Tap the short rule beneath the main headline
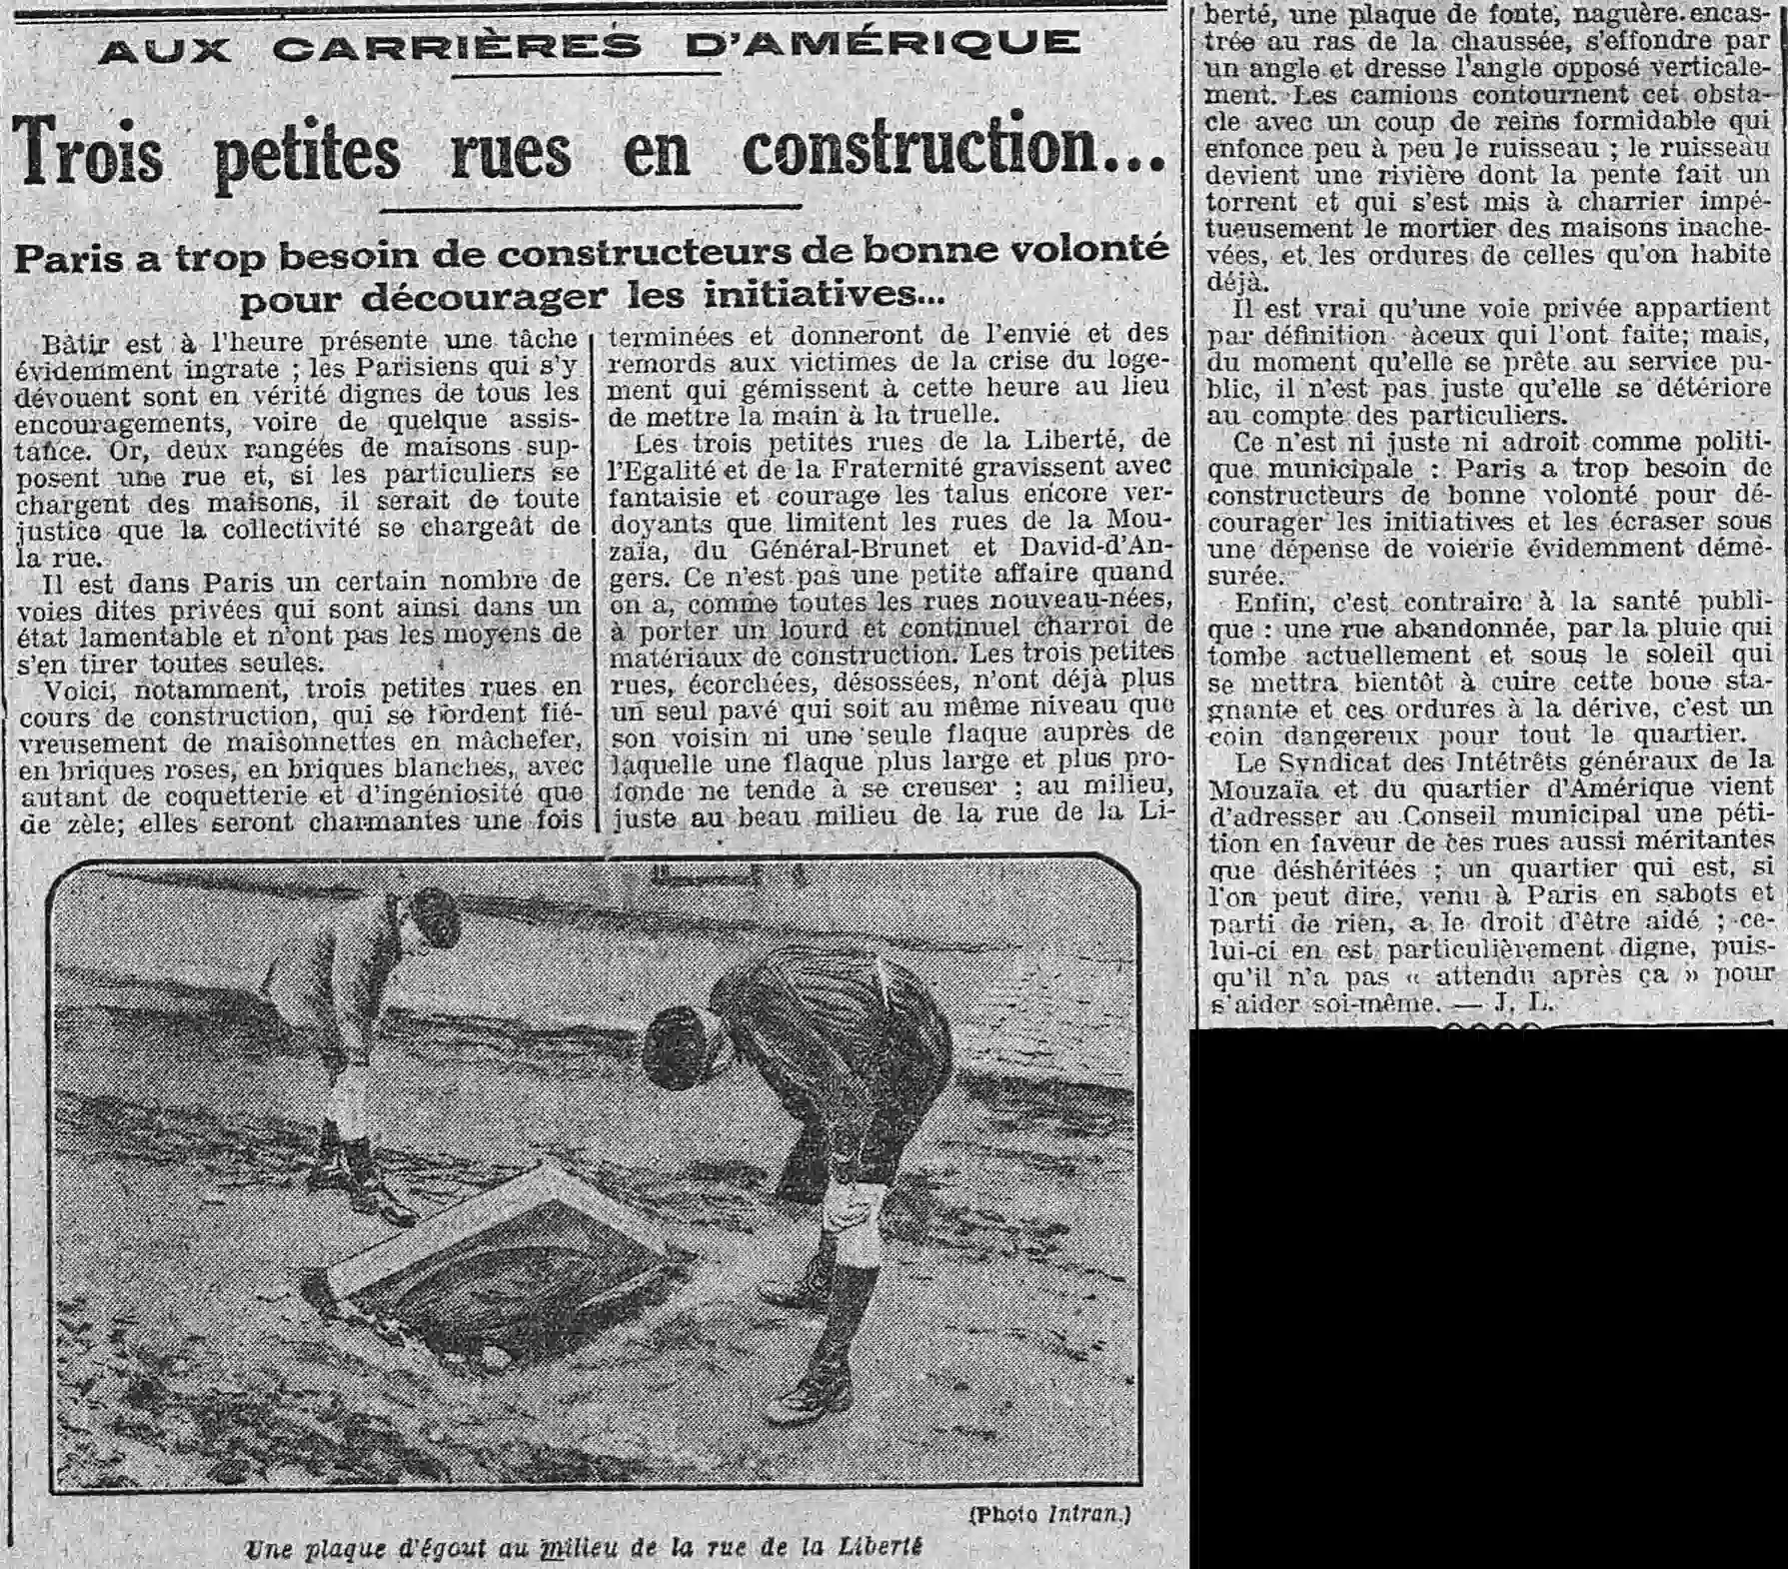tap(592, 207)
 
